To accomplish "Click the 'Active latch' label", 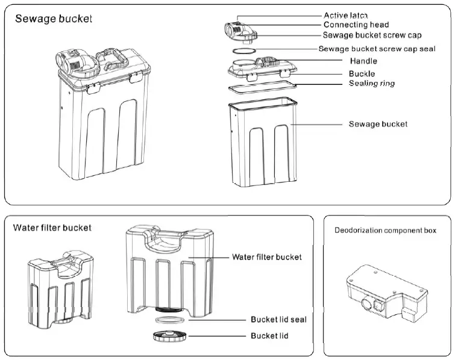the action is [x=345, y=15].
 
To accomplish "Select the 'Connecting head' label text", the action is [x=356, y=25].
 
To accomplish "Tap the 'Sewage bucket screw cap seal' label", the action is [x=377, y=49].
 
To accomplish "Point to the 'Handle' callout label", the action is [x=363, y=61].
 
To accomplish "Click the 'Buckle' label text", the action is [x=362, y=73].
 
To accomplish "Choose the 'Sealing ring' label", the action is [x=372, y=84].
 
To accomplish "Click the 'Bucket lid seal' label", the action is [x=278, y=320].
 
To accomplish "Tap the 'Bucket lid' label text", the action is [x=269, y=336].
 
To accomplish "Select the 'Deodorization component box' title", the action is [x=385, y=231].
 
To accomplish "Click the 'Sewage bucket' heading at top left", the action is [x=54, y=19].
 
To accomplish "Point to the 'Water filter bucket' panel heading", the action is [x=52, y=228].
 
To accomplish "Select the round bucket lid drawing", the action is [x=170, y=337].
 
